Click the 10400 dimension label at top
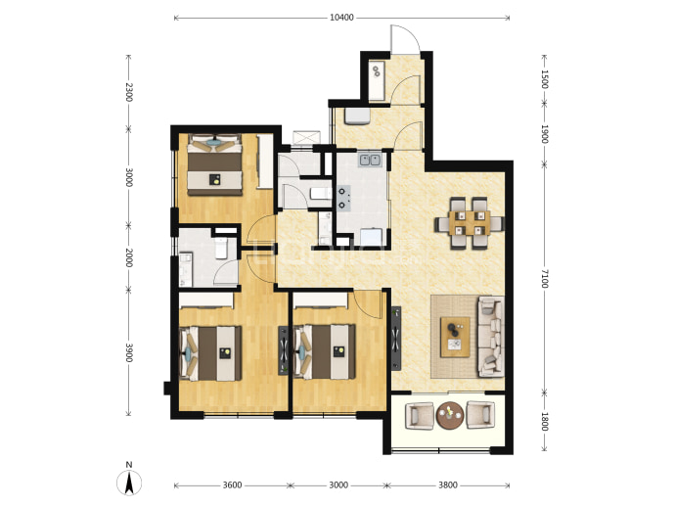341,18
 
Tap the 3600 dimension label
232,485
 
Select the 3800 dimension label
448,485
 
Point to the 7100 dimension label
545,278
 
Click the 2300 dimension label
128,92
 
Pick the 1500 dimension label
545,79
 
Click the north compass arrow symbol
129,483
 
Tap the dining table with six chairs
469,223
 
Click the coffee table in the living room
455,338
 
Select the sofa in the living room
491,337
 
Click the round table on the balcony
450,415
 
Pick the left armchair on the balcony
420,415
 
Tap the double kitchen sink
371,160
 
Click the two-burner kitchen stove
343,198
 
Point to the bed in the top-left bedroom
214,164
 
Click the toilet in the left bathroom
221,248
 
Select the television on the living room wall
396,338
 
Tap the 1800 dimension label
545,421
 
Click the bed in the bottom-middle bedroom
325,352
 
